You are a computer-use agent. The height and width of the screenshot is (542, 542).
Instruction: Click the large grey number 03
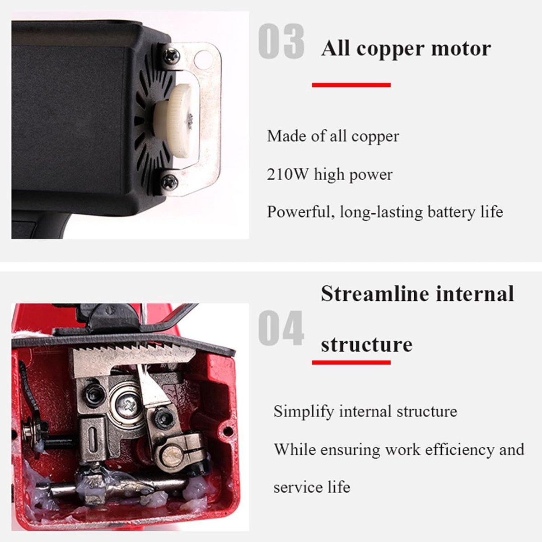[x=281, y=42]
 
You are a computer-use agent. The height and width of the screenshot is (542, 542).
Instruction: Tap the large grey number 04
[x=281, y=328]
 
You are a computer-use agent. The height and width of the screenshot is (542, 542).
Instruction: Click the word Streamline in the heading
[x=375, y=294]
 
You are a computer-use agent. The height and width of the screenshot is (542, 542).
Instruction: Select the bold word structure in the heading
[x=367, y=345]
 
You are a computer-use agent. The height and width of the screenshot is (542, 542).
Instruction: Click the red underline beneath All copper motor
[x=351, y=85]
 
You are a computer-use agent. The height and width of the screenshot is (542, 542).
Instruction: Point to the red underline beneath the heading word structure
[x=351, y=362]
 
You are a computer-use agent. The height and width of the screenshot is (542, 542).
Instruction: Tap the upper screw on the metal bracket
[x=171, y=56]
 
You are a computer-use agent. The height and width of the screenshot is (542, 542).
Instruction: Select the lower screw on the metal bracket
[x=170, y=182]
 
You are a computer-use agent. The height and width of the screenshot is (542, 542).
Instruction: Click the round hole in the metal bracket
[x=204, y=58]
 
